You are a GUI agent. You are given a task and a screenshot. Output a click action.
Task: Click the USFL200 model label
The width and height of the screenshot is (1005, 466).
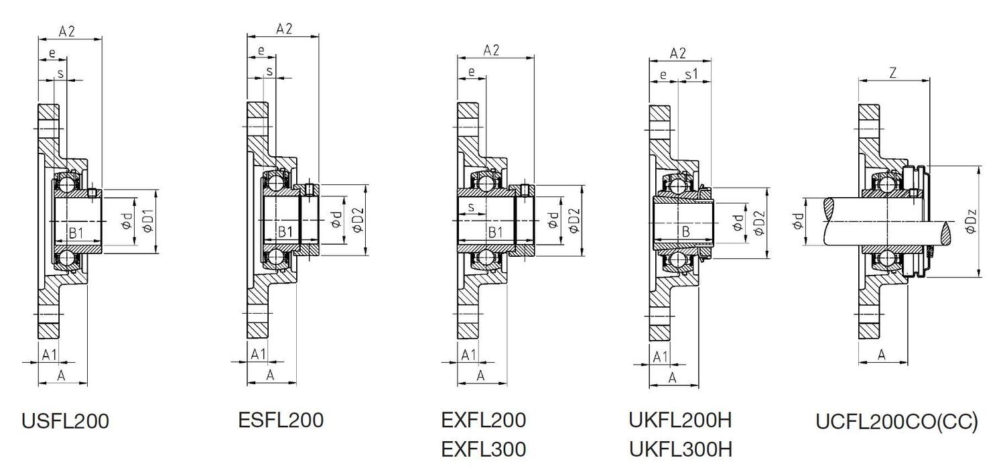pos(65,422)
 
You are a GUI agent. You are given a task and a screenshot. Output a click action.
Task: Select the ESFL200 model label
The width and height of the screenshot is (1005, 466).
pos(281,420)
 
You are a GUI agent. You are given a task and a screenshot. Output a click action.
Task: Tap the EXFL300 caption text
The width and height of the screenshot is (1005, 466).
pos(483,449)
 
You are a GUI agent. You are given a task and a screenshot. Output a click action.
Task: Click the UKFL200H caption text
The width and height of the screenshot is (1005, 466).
pos(680,420)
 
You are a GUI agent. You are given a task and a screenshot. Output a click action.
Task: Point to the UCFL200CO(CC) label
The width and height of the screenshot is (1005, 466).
pos(896,422)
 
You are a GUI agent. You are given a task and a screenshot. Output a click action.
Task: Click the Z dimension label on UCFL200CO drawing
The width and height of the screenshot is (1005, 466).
pos(893,74)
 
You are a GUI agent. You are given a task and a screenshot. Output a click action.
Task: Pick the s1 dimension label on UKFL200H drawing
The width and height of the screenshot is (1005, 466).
pos(691,75)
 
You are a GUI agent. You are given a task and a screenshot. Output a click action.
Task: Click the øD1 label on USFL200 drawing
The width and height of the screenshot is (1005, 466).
pos(148,221)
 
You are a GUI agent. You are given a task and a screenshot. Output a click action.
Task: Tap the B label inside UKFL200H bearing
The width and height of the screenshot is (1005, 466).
pos(685,231)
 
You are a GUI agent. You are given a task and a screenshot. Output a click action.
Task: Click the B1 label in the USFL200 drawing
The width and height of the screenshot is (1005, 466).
pos(76,233)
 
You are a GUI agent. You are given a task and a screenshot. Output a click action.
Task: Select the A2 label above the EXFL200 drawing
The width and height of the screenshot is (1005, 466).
pos(492,50)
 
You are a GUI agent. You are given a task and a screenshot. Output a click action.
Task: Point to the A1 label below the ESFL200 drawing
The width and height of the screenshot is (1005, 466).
pos(258,354)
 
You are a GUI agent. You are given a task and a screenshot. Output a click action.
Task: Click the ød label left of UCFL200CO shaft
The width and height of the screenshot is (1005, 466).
pos(798,221)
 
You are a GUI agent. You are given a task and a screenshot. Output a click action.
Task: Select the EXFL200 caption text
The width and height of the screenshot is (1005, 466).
pos(483,420)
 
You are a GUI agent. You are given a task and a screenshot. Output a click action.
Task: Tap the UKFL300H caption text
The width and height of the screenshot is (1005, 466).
pos(680,449)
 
